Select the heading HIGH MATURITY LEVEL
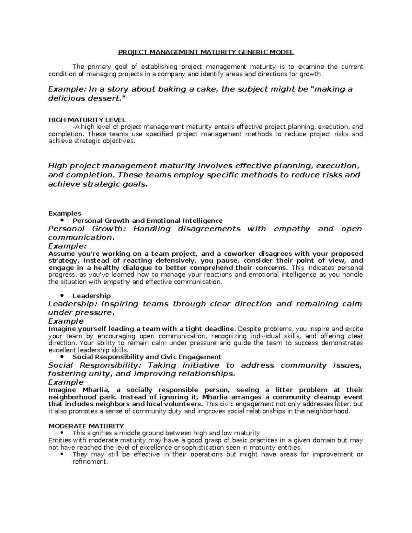tap(87, 120)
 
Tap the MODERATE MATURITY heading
tap(86, 426)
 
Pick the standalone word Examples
tap(65, 213)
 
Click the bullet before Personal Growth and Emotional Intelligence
tap(62, 220)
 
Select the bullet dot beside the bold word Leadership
tap(62, 296)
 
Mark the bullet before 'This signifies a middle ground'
tap(62, 433)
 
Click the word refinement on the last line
tap(90, 462)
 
